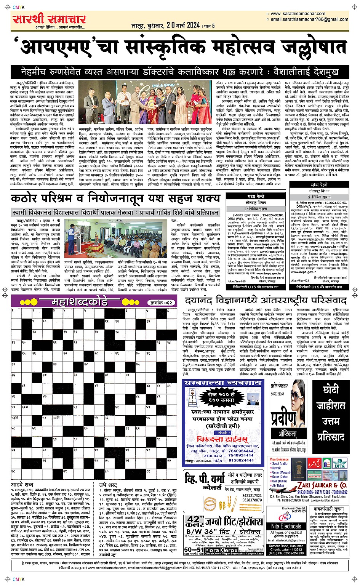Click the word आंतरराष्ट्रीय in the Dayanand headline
(x=285, y=300)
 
